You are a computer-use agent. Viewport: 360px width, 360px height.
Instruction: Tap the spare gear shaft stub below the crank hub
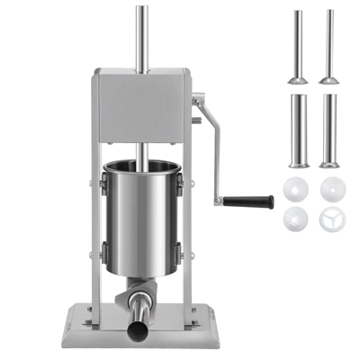[196, 127]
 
